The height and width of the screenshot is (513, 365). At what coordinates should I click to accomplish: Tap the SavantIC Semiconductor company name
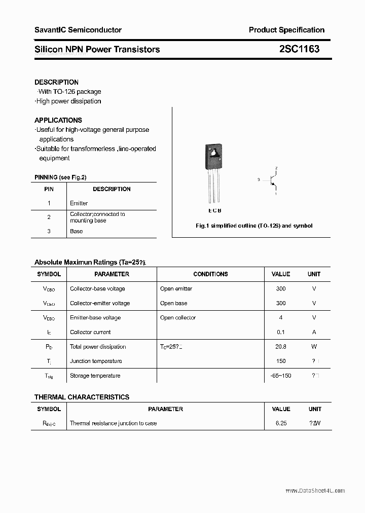pyautogui.click(x=78, y=30)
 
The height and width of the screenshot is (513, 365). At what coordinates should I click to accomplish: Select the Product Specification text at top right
pyautogui.click(x=286, y=30)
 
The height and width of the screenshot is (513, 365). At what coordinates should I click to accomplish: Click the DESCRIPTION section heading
pyautogui.click(x=56, y=82)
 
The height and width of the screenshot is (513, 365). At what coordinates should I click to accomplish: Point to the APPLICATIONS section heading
pyautogui.click(x=58, y=120)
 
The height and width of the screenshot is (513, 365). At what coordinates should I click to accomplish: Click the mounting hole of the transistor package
pyautogui.click(x=214, y=152)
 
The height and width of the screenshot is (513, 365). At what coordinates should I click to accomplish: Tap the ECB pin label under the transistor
pyautogui.click(x=214, y=210)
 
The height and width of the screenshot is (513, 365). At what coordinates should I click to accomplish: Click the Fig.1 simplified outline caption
pyautogui.click(x=254, y=226)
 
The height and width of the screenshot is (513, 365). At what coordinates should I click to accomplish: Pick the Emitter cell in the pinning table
pyautogui.click(x=79, y=203)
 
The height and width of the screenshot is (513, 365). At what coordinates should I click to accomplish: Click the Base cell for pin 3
pyautogui.click(x=76, y=231)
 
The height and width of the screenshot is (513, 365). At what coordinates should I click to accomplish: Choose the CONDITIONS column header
pyautogui.click(x=210, y=274)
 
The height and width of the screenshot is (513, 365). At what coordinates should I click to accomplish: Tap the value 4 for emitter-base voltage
pyautogui.click(x=281, y=318)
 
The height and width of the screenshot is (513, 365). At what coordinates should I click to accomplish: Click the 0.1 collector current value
pyautogui.click(x=281, y=332)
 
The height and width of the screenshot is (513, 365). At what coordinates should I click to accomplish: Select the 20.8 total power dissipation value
pyautogui.click(x=281, y=347)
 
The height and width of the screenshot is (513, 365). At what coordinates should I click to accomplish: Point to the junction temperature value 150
pyautogui.click(x=281, y=361)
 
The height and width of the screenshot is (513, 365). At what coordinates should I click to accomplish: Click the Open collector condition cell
pyautogui.click(x=177, y=318)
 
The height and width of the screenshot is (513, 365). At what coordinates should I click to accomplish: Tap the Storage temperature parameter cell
pyautogui.click(x=95, y=376)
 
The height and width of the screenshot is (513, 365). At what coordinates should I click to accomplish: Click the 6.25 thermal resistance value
pyautogui.click(x=281, y=423)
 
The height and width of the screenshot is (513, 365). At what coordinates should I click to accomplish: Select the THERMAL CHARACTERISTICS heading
pyautogui.click(x=82, y=397)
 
